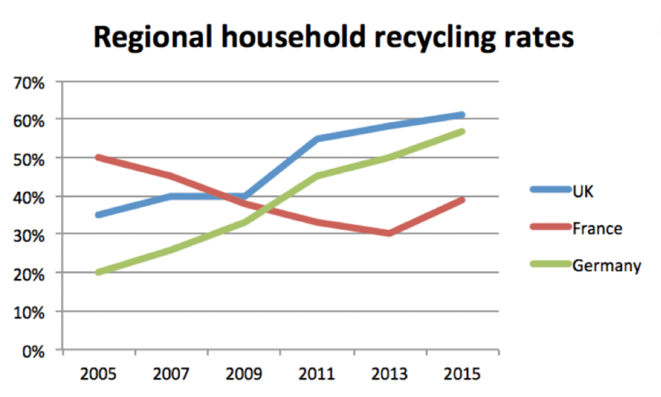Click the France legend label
596,228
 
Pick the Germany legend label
606,265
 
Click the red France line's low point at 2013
390,233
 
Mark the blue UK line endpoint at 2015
462,115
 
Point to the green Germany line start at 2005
98,272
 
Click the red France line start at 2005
98,158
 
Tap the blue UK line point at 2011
318,139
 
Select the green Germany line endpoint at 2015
462,132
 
